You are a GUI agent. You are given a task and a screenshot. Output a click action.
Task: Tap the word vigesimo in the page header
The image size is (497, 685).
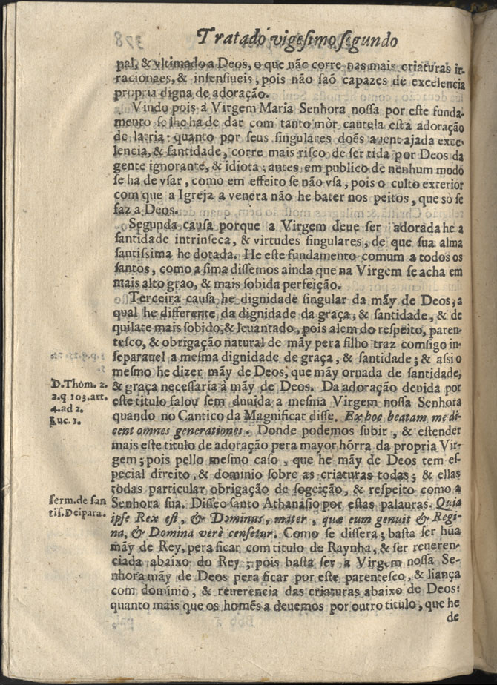[x=304, y=39]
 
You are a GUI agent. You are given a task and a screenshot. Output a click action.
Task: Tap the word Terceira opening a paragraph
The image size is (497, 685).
[x=158, y=299]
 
